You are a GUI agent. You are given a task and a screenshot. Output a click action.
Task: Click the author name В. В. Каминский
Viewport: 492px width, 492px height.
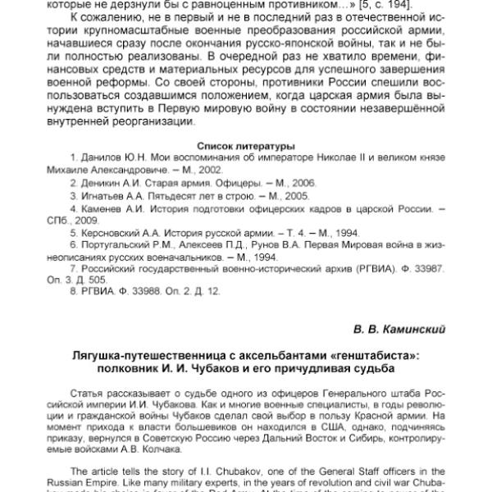pyautogui.click(x=399, y=330)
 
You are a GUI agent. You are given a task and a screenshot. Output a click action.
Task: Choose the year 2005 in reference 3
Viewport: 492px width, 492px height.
pyautogui.click(x=288, y=198)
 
